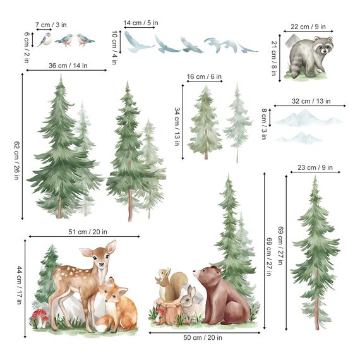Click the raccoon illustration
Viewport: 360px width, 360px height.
[x=309, y=57]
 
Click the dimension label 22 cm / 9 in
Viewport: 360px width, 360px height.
[x=308, y=27]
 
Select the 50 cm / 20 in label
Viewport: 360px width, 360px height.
[x=203, y=338]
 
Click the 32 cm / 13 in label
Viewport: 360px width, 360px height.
[x=311, y=101]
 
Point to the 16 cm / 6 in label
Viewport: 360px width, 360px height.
[x=204, y=77]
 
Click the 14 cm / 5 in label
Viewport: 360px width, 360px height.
[x=141, y=23]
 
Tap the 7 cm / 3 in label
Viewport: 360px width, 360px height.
[x=51, y=25]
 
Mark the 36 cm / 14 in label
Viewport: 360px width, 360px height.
[x=66, y=65]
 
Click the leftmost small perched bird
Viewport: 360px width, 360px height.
[x=44, y=40]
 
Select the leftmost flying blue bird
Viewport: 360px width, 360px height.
[x=138, y=42]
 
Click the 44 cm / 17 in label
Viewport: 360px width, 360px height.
[x=19, y=284]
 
